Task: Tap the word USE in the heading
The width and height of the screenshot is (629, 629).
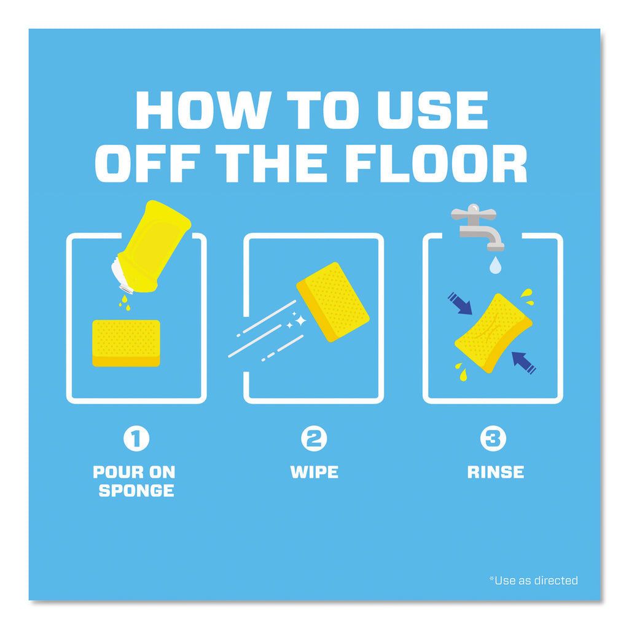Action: (x=433, y=110)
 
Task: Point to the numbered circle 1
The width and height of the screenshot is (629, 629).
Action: (x=136, y=439)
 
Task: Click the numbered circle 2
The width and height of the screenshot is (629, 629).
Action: (x=314, y=439)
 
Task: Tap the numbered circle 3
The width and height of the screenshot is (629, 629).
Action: (x=493, y=439)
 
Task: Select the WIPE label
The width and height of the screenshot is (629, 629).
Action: (x=314, y=472)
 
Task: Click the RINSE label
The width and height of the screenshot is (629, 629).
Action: (x=496, y=472)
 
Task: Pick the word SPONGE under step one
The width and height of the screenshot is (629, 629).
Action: (x=136, y=491)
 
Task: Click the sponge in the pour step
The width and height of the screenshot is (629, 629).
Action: (x=127, y=343)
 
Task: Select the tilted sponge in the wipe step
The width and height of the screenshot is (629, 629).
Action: (x=333, y=302)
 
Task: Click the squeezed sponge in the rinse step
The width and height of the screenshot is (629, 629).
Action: (x=493, y=333)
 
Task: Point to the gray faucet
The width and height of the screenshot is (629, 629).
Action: (x=477, y=227)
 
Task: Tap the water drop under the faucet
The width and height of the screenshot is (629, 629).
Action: (x=496, y=265)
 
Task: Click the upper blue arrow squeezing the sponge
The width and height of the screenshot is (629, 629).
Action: (x=460, y=303)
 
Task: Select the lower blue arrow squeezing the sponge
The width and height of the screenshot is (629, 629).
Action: (x=524, y=362)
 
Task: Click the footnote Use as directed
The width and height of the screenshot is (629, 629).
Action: (x=534, y=580)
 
